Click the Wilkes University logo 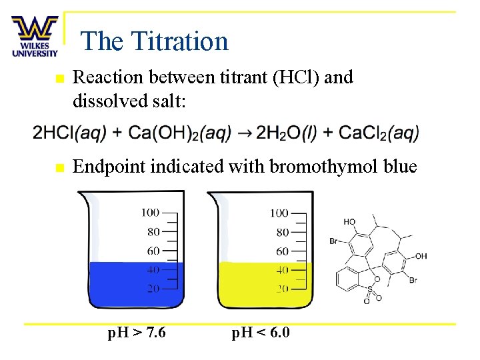34,37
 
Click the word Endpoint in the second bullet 109,166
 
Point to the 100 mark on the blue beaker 150,213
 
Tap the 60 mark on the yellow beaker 282,251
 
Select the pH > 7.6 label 137,331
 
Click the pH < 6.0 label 261,331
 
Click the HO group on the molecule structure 349,221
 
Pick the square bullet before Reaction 59,79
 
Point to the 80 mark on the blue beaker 153,232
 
